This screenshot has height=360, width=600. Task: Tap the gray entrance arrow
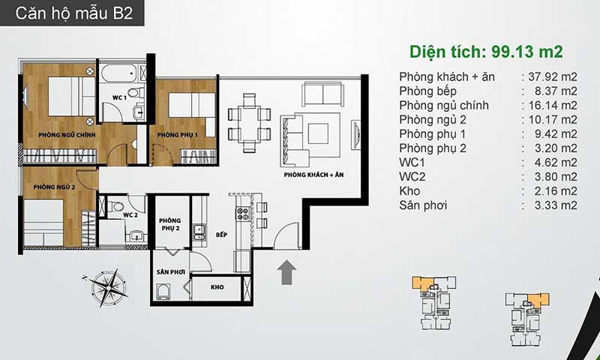[x=286, y=273]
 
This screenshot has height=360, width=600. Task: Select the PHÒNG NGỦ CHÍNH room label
[x=67, y=135]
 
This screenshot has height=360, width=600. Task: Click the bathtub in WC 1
[x=119, y=73]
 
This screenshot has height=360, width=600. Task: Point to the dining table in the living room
[x=249, y=123]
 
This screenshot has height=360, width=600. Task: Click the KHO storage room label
[x=217, y=287]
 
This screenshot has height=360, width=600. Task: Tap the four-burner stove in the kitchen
[x=242, y=214]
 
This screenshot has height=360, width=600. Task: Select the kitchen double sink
[x=199, y=232]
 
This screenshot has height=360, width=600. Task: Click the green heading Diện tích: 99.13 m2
[x=486, y=52]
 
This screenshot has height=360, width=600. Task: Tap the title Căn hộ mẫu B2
[x=73, y=13]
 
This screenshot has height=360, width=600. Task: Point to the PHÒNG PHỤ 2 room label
[x=170, y=224]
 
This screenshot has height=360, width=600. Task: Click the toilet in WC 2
[x=116, y=207]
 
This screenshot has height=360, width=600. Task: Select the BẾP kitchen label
[x=221, y=235]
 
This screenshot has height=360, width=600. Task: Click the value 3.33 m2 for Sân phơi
[x=556, y=205]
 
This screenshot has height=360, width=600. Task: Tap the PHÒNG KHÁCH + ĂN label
[x=313, y=175]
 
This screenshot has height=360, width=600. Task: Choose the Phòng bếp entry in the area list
[x=427, y=91]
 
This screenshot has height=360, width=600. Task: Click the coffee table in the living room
[x=318, y=133]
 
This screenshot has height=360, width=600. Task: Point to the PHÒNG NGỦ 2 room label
[x=54, y=187]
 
